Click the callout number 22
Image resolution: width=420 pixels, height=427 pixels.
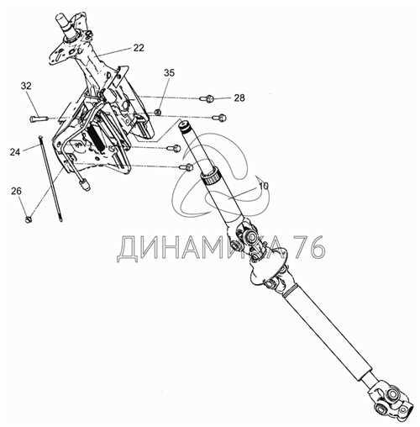(x=139, y=48)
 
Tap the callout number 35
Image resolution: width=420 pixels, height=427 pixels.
(x=169, y=73)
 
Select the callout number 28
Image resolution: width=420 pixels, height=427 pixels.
(x=239, y=98)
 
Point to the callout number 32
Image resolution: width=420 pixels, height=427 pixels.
(x=26, y=86)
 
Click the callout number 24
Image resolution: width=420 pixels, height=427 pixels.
(x=15, y=152)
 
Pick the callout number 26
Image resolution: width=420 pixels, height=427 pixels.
(x=16, y=191)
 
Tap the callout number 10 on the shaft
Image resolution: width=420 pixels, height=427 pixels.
(x=263, y=186)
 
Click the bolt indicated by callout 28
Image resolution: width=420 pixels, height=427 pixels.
(x=207, y=98)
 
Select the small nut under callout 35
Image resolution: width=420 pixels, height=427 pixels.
(x=158, y=113)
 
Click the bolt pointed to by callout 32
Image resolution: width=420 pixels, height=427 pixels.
(x=39, y=119)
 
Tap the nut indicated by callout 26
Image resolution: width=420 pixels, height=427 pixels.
(x=29, y=219)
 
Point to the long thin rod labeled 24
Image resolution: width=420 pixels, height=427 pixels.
(x=51, y=178)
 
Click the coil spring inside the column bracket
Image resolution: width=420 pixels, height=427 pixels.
(x=97, y=138)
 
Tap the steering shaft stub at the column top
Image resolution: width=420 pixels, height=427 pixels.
(x=65, y=24)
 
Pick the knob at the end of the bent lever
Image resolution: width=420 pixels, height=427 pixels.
(x=85, y=185)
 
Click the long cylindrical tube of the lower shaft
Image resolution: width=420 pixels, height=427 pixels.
(x=327, y=334)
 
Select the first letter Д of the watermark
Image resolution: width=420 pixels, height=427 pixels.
(x=128, y=249)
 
